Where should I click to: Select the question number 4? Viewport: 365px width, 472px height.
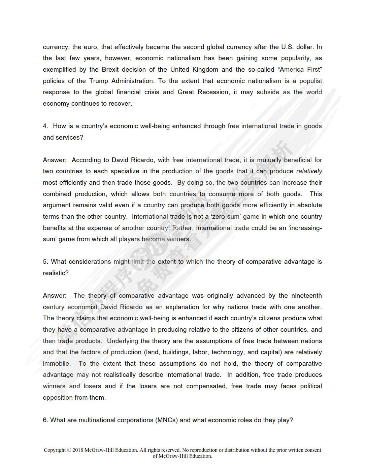point(45,126)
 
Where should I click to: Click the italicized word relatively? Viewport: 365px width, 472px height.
point(309,171)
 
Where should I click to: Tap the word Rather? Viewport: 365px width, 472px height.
point(182,228)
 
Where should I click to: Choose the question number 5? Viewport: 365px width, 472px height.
point(45,262)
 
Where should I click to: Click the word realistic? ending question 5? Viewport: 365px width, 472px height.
point(56,273)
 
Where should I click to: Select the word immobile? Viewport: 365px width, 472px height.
point(57,364)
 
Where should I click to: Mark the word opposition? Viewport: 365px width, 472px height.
point(58,398)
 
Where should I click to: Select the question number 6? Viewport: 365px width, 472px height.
point(45,420)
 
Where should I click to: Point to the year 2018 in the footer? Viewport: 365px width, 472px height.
point(78,450)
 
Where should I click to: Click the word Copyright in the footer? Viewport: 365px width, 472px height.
point(55,450)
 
